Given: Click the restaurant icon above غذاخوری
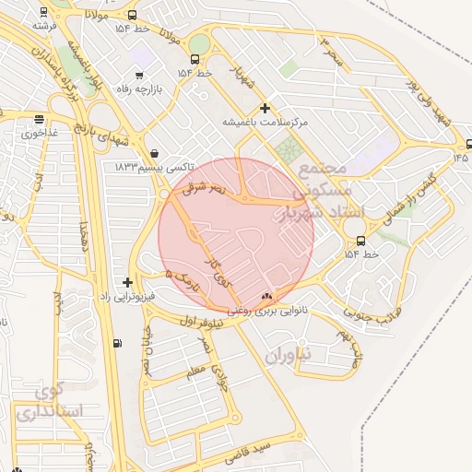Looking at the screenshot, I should pyautogui.click(x=39, y=119).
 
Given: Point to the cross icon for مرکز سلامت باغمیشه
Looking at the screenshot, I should pyautogui.click(x=265, y=108).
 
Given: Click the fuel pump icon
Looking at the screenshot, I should pyautogui.click(x=116, y=344).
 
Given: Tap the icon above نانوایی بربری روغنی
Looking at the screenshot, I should pyautogui.click(x=267, y=296).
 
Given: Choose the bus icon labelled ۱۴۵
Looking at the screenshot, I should pyautogui.click(x=469, y=144).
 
